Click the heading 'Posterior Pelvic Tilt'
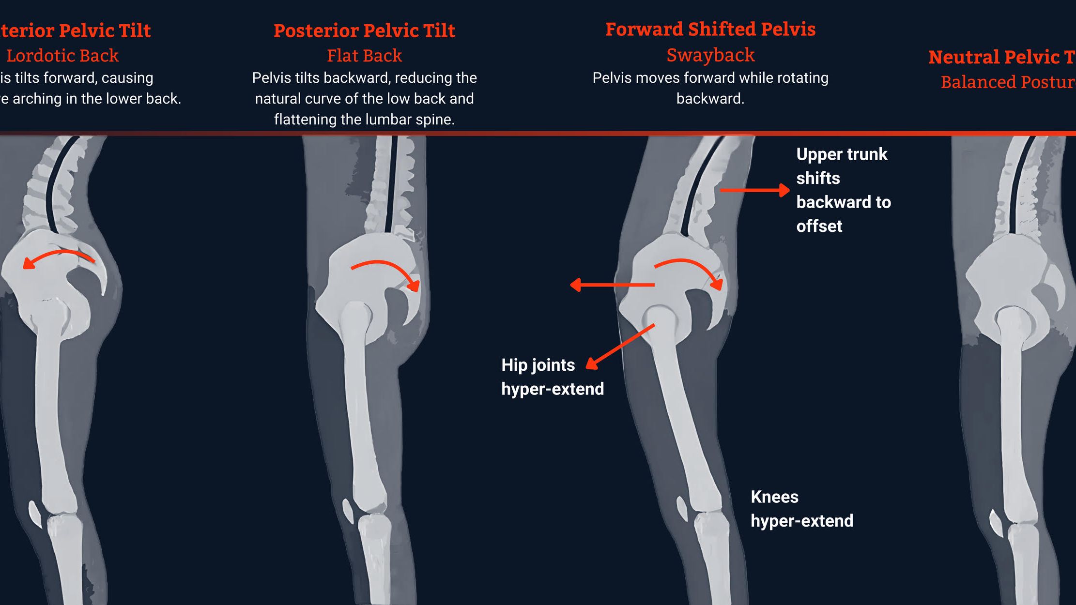click(x=364, y=30)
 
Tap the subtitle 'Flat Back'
click(x=364, y=56)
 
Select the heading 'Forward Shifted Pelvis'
click(x=710, y=29)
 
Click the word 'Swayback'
click(x=710, y=55)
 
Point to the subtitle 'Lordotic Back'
click(x=62, y=56)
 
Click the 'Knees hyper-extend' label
click(x=801, y=509)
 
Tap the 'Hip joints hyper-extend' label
click(x=552, y=377)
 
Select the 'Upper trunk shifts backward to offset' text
click(x=843, y=190)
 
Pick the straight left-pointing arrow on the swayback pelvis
click(x=612, y=285)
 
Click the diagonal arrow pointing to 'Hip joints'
click(x=620, y=347)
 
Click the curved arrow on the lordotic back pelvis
click(x=58, y=257)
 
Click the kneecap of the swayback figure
click(x=682, y=508)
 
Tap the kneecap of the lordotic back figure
click(x=35, y=514)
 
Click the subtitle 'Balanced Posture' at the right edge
click(x=1008, y=82)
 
